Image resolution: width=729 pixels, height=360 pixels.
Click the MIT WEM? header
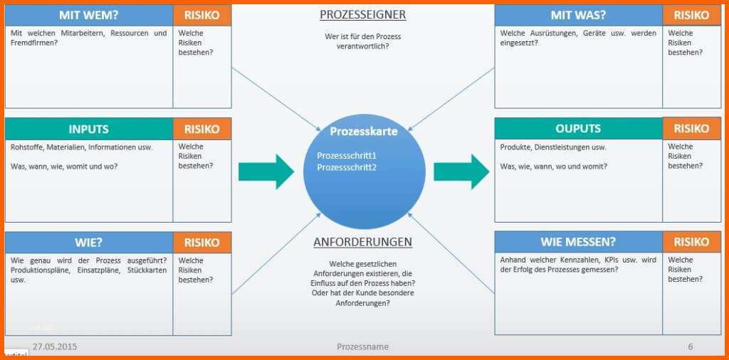(x=89, y=16)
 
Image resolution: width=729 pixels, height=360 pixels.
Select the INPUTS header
(x=89, y=129)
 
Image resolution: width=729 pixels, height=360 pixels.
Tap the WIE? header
(x=89, y=243)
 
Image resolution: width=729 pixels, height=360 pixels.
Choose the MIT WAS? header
(x=578, y=16)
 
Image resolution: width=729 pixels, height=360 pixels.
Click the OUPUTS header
(x=578, y=129)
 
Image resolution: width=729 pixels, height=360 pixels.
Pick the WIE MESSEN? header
(x=578, y=242)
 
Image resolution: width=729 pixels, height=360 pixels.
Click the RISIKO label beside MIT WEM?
(x=201, y=16)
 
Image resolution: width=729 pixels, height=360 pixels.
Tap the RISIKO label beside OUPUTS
(x=691, y=129)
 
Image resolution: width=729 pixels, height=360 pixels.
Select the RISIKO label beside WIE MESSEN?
(x=691, y=242)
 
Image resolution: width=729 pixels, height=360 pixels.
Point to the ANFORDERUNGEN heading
(x=362, y=242)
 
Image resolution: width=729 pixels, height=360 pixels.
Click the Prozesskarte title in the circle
(x=364, y=132)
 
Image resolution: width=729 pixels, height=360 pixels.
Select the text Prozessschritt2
(x=347, y=168)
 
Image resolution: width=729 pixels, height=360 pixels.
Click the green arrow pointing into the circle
(x=266, y=172)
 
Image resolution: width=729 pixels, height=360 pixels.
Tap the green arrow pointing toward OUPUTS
(x=461, y=172)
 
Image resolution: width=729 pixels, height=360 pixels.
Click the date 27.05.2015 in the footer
(x=55, y=347)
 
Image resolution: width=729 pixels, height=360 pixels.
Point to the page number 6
(x=691, y=347)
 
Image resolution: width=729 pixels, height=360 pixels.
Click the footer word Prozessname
(x=362, y=347)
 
